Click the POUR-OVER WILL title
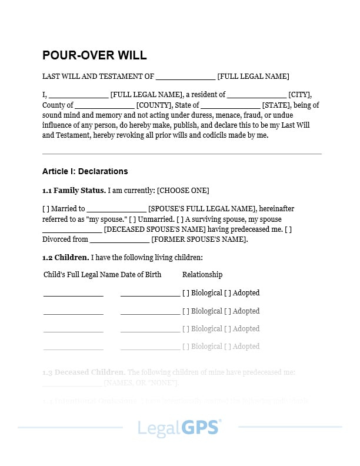point(94,56)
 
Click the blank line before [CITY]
point(256,95)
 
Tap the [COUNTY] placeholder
point(154,105)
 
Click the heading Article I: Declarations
point(85,171)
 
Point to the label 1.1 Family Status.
point(74,190)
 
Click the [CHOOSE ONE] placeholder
point(183,190)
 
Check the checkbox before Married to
point(46,209)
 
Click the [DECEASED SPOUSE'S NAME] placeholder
point(155,229)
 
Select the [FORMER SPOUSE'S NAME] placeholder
point(199,239)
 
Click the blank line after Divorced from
point(119,240)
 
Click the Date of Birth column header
point(141,275)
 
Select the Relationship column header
point(202,275)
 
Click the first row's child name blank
point(73,294)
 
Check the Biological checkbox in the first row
point(186,293)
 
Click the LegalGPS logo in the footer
point(179,427)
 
